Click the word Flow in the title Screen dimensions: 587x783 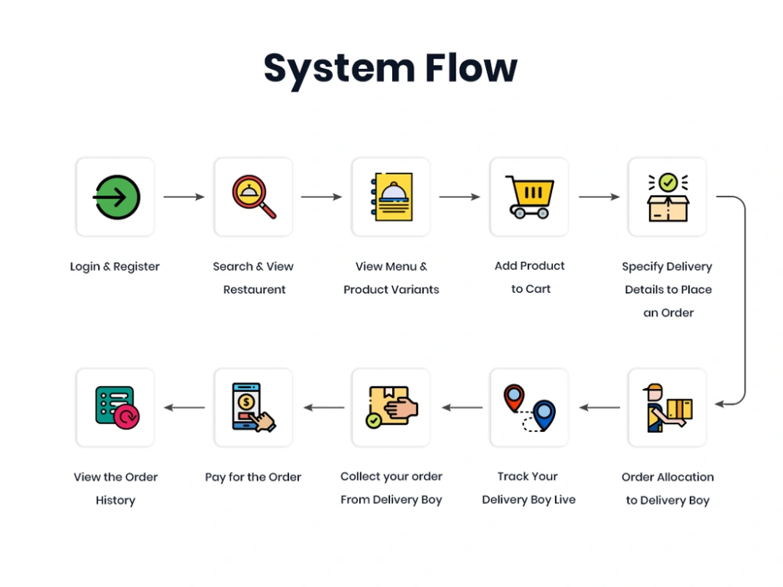pyautogui.click(x=471, y=68)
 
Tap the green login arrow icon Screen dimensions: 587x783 pyautogui.click(x=116, y=197)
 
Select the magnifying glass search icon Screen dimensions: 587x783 pyautogui.click(x=254, y=197)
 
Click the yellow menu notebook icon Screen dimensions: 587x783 pyautogui.click(x=391, y=197)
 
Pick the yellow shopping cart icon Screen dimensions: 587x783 pyautogui.click(x=530, y=197)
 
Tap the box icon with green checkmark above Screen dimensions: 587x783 pyautogui.click(x=667, y=197)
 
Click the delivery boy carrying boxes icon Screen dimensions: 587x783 pyautogui.click(x=667, y=408)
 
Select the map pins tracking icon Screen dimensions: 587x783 pyautogui.click(x=529, y=408)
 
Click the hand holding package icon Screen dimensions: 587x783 pyautogui.click(x=391, y=408)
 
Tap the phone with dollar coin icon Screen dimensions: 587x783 pyautogui.click(x=254, y=408)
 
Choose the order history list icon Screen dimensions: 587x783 pyautogui.click(x=116, y=408)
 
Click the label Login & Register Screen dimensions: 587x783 pyautogui.click(x=115, y=267)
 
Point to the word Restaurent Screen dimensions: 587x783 pyautogui.click(x=254, y=290)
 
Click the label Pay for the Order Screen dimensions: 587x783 pyautogui.click(x=253, y=477)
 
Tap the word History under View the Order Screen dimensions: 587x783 pyautogui.click(x=115, y=501)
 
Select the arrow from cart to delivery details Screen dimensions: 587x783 pyautogui.click(x=599, y=197)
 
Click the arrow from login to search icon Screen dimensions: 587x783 pyautogui.click(x=184, y=197)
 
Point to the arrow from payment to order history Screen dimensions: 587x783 pyautogui.click(x=184, y=408)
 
